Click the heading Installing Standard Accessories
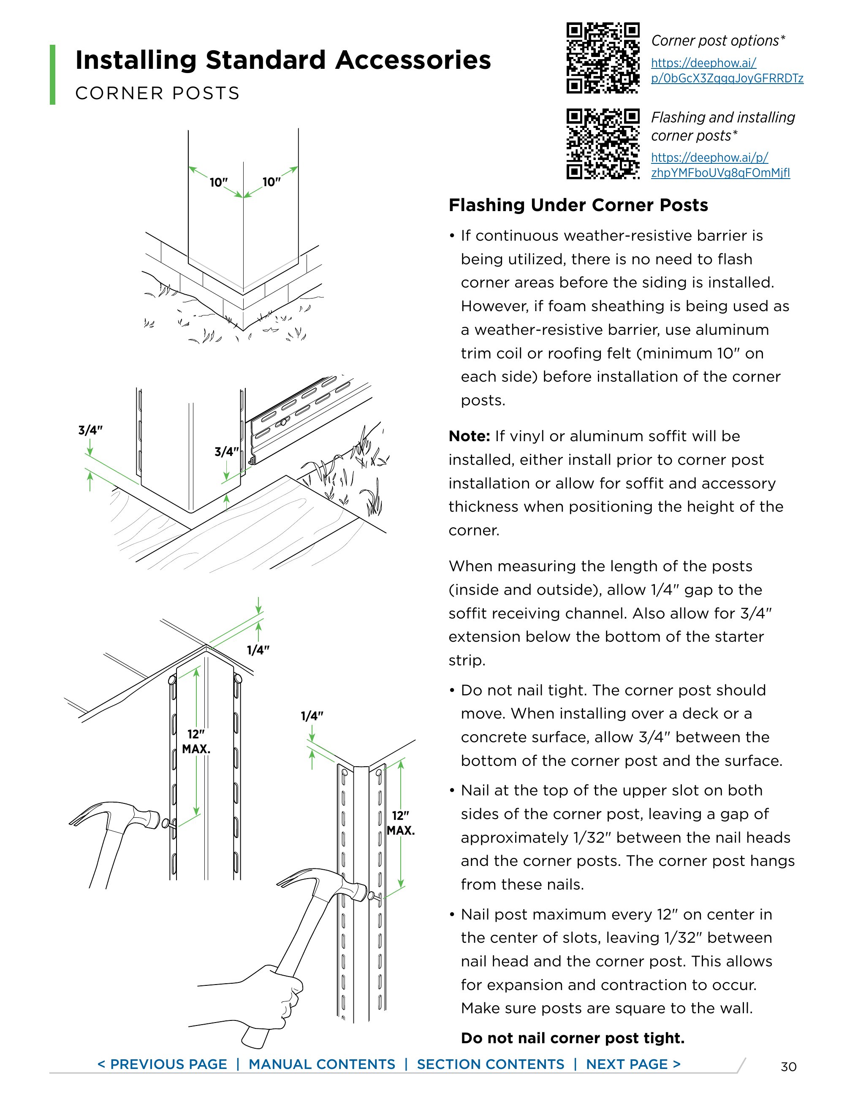(282, 60)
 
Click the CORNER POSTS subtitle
(157, 93)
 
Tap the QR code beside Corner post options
(603, 58)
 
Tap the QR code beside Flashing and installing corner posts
(603, 144)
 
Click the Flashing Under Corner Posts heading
(578, 205)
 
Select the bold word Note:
(469, 436)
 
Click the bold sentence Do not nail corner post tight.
(573, 1038)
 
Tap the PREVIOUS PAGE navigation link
(162, 1064)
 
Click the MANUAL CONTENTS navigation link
(322, 1064)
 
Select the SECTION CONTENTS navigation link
(490, 1064)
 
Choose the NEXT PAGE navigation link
(633, 1064)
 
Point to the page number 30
(788, 1067)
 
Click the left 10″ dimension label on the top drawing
(219, 182)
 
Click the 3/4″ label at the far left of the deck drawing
(90, 430)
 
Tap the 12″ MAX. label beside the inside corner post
(400, 823)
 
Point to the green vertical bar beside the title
(52, 75)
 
